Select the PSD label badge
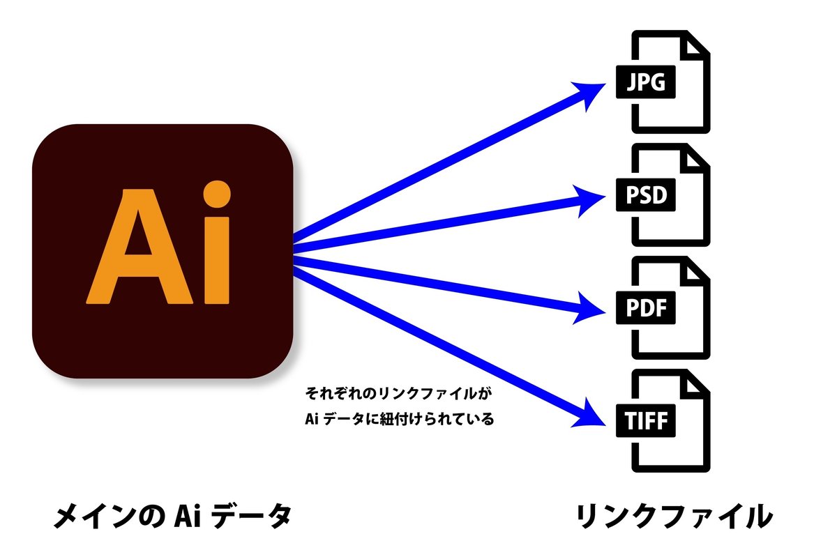645,196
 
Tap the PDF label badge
645,309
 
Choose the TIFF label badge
645,421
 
